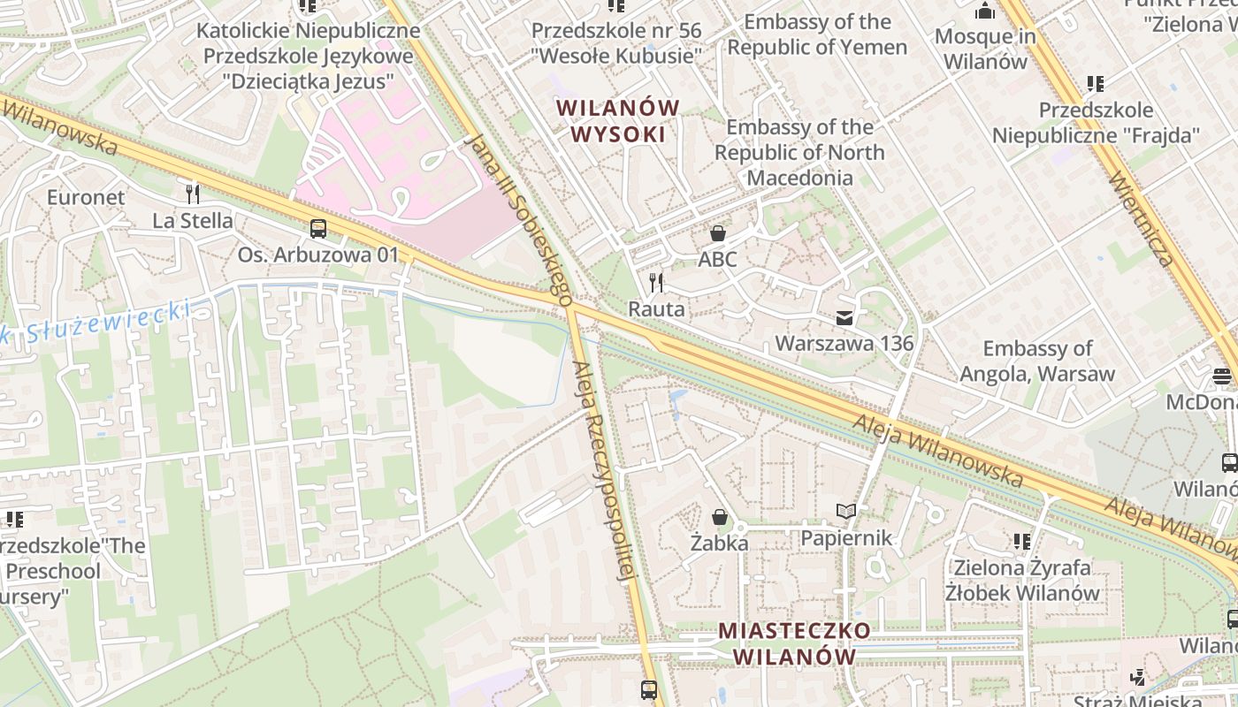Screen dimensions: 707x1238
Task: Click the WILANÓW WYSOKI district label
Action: coord(618,121)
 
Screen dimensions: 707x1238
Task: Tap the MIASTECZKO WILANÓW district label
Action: coord(794,644)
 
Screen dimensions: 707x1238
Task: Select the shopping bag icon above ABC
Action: coord(717,233)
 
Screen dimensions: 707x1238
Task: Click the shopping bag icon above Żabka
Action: coord(720,517)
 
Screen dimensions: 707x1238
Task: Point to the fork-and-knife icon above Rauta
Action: coord(656,283)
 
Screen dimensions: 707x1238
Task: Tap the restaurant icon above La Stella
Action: coord(193,194)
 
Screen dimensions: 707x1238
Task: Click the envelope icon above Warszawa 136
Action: coord(844,317)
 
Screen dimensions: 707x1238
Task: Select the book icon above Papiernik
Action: coord(846,511)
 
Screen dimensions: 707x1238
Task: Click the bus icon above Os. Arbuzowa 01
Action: coord(318,229)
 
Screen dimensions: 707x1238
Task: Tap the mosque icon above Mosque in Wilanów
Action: coord(984,11)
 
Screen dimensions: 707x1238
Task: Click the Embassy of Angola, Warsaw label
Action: coord(1037,361)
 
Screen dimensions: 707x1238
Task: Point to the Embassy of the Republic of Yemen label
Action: coord(817,34)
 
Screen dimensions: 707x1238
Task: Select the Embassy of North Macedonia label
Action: coord(799,152)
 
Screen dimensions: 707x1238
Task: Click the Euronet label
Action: coord(86,196)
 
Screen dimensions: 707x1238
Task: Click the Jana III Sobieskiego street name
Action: coord(520,221)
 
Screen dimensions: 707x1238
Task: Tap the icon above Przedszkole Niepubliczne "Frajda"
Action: coord(1096,84)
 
